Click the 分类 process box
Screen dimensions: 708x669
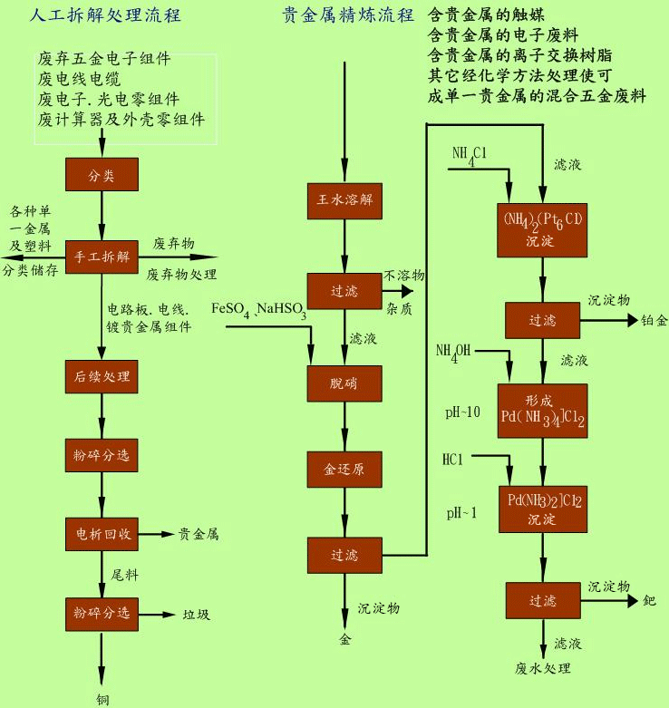(x=101, y=172)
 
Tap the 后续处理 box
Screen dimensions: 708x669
(x=101, y=375)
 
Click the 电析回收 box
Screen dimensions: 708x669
(x=101, y=534)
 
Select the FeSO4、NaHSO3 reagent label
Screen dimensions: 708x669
(x=258, y=311)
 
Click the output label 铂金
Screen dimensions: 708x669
(x=654, y=320)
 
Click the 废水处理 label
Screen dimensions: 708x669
(x=543, y=669)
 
